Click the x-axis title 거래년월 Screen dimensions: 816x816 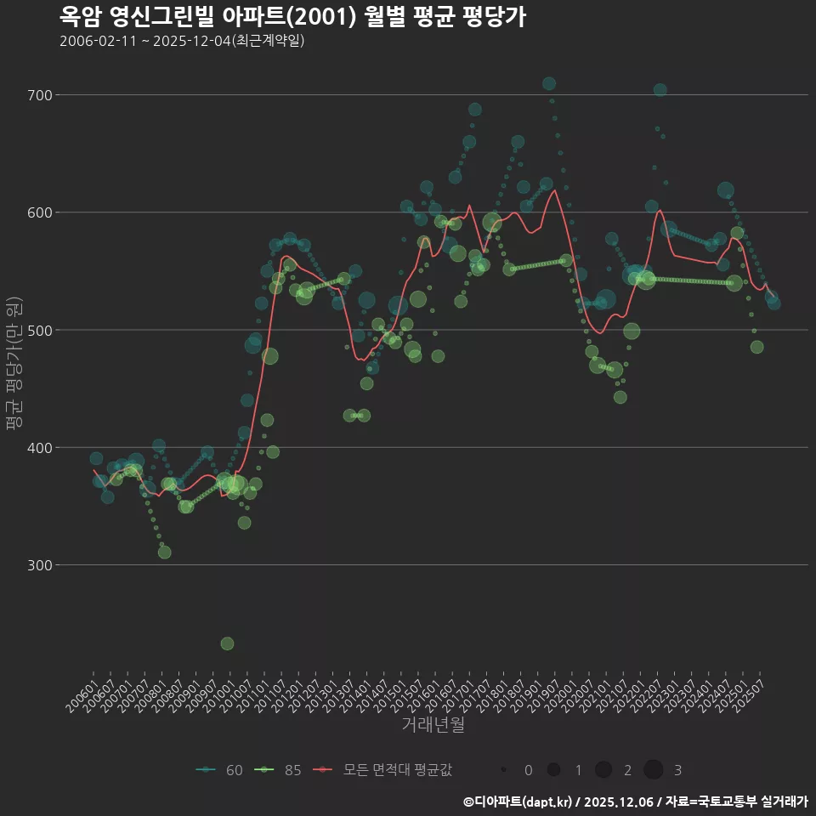433,725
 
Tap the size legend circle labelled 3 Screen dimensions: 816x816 653,770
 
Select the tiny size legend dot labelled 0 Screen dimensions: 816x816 504,770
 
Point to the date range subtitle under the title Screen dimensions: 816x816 182,41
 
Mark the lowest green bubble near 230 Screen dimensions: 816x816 227,643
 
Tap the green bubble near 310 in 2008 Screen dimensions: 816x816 164,552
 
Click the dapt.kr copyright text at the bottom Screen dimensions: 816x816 636,802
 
